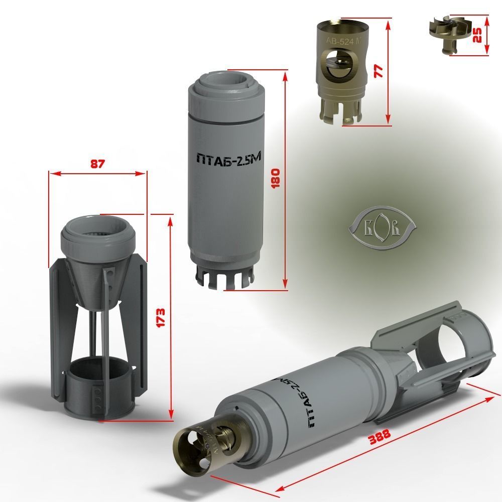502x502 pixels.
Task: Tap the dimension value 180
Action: tap(275, 177)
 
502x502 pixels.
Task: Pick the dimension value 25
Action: tap(478, 34)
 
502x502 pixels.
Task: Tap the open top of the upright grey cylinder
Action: tap(226, 83)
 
